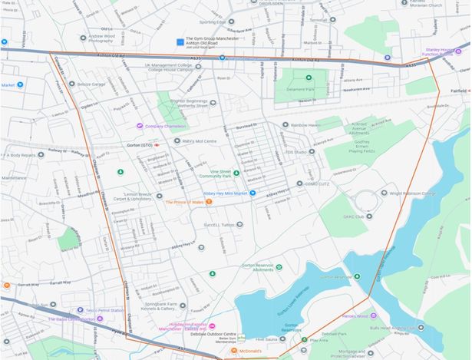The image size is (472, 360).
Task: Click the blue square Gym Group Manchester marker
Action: (180, 41)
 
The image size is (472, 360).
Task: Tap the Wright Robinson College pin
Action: (385, 193)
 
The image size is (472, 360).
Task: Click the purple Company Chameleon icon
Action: (139, 126)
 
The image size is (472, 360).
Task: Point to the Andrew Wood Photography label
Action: (105, 39)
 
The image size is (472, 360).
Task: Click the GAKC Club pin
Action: (368, 216)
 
